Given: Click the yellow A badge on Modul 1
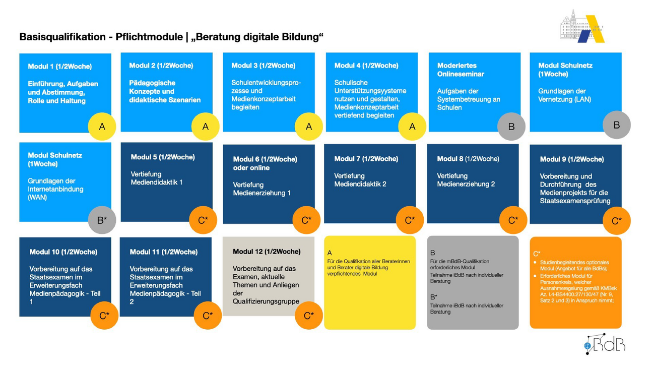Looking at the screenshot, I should click(x=102, y=127).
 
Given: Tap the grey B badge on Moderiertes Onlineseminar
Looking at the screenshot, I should click(x=511, y=127).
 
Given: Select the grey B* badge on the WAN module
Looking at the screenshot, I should click(x=102, y=220).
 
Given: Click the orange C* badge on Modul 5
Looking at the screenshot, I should click(x=203, y=220).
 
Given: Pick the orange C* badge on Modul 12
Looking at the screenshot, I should click(x=309, y=316).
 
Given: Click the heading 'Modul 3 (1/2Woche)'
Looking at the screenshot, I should click(x=264, y=66).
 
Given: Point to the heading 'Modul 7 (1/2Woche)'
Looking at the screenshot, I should click(x=366, y=159).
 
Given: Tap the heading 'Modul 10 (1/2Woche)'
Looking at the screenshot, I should click(x=63, y=252).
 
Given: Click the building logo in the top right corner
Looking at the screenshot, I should click(x=582, y=26).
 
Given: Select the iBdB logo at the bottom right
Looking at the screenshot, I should click(x=605, y=344).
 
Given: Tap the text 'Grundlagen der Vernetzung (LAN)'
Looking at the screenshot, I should click(x=564, y=95).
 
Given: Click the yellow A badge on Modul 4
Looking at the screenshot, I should click(x=412, y=127).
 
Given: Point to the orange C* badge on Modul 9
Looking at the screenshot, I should click(x=616, y=221).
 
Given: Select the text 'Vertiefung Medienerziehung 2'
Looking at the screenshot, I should click(x=466, y=180).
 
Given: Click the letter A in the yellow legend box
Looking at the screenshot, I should click(x=330, y=253).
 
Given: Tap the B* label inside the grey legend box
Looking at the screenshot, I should click(x=433, y=297).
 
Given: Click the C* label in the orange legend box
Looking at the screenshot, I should click(x=537, y=254).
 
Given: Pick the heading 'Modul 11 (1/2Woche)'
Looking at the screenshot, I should click(x=164, y=252).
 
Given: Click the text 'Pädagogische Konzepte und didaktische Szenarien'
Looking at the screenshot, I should click(x=165, y=91).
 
